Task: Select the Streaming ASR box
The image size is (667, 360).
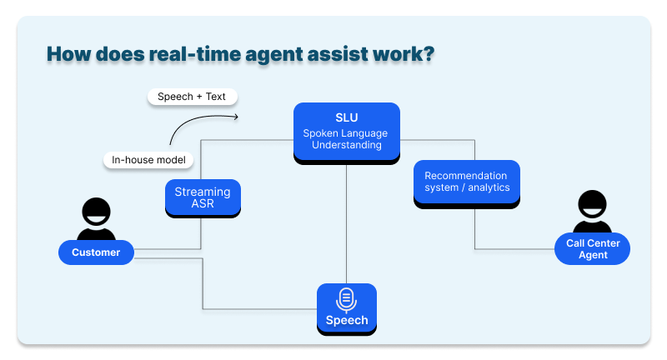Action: [x=203, y=197]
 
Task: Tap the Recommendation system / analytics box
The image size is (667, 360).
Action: [x=467, y=182]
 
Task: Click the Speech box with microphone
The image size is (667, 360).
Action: [x=346, y=308]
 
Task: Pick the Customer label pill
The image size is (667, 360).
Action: [x=96, y=252]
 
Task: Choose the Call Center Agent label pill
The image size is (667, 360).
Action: [x=592, y=249]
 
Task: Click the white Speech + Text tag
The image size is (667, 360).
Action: [x=192, y=97]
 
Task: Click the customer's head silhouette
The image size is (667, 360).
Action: [x=96, y=211]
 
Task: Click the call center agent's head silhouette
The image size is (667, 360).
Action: [x=592, y=204]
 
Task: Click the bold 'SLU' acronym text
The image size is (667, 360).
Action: [x=346, y=117]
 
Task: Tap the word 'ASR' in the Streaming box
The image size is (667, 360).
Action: [x=203, y=204]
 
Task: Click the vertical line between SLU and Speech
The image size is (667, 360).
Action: [x=346, y=225]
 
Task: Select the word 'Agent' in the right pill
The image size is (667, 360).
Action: [x=592, y=255]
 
